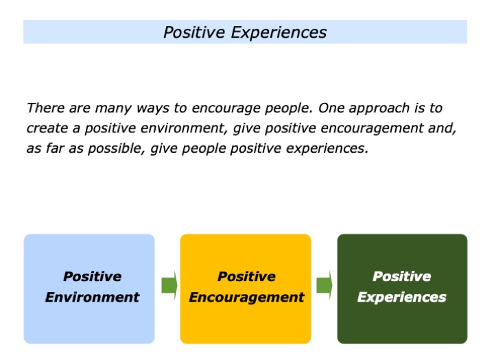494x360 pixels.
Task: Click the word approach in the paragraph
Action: point(373,108)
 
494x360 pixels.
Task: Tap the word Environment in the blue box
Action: point(92,297)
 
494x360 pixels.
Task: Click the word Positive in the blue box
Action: point(92,276)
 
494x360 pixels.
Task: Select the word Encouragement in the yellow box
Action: point(246,297)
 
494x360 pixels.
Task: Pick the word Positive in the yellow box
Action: point(246,276)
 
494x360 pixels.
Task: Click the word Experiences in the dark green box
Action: point(401,297)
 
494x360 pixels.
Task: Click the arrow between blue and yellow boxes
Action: point(169,285)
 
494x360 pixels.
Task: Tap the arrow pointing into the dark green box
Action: point(325,285)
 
